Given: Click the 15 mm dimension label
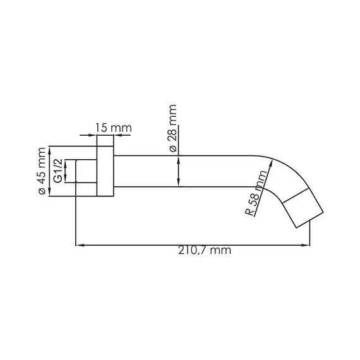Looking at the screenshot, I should tap(113, 128).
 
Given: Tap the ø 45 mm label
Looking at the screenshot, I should tap(42, 171).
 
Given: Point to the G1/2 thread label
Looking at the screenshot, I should tap(58, 171).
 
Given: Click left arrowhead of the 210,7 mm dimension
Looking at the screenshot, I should tap(79, 244).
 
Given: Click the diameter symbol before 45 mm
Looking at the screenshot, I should tap(42, 190).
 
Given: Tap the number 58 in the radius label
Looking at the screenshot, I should tap(254, 200).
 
